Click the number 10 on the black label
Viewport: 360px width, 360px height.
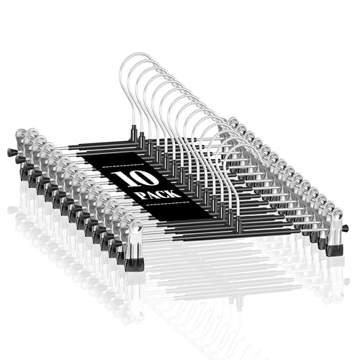[136, 179]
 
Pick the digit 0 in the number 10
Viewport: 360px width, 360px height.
[147, 177]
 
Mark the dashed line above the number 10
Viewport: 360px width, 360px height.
[123, 166]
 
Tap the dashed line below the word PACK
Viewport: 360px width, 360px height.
[166, 203]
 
